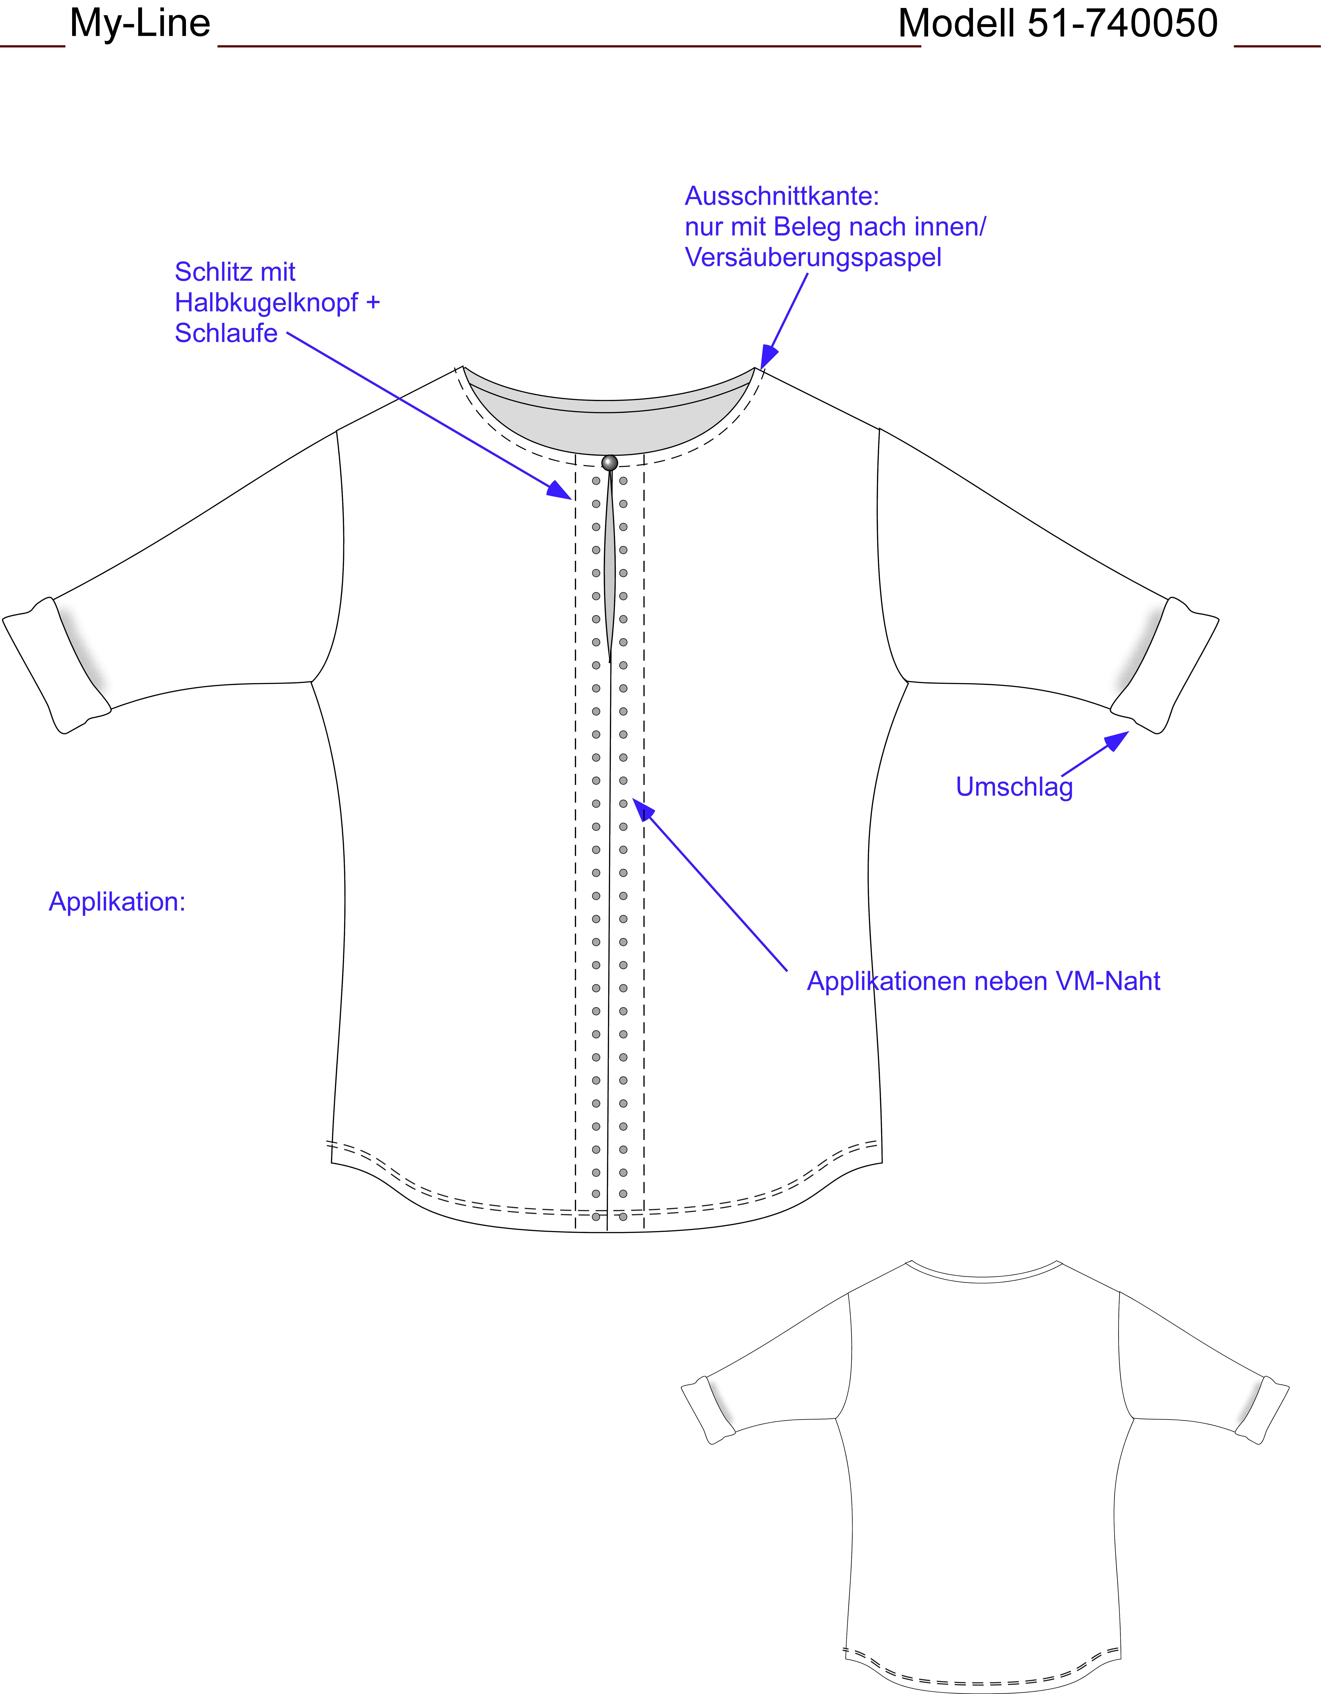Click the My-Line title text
140,23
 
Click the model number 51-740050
1122,23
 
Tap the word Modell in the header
956,23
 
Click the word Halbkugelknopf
266,303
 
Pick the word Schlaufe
226,333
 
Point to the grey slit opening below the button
610,566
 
